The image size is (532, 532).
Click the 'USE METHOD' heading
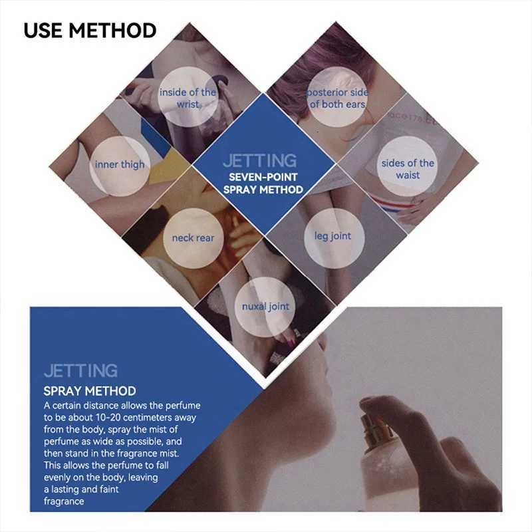[x=90, y=31]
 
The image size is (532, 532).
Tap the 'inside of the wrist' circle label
[x=188, y=98]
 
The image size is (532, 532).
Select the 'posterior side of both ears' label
[x=337, y=98]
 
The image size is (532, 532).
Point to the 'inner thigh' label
[x=120, y=164]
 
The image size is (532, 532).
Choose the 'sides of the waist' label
[x=408, y=169]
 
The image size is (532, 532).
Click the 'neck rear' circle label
[x=193, y=238]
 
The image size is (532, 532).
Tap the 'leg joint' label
[x=332, y=236]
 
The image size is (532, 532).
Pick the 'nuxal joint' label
[x=265, y=307]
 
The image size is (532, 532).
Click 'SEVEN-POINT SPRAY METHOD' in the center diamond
[x=263, y=184]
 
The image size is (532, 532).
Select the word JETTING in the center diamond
[x=260, y=160]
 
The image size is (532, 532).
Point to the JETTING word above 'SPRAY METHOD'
[x=80, y=370]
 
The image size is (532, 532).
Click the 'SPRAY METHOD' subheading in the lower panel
[x=90, y=391]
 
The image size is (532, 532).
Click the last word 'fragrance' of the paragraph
[x=64, y=501]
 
